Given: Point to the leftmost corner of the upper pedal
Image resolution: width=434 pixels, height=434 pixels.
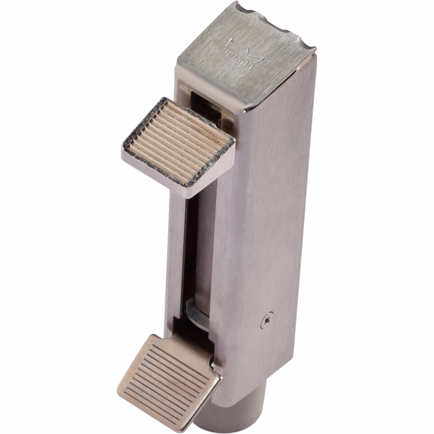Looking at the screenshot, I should [124, 149].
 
